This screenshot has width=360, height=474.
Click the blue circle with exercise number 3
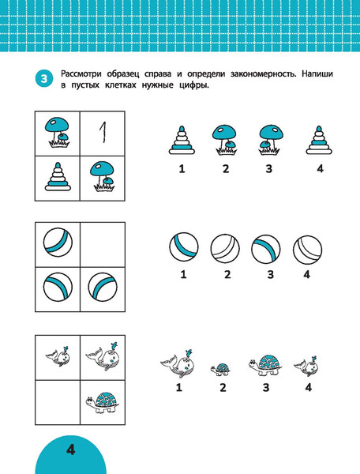click(x=44, y=79)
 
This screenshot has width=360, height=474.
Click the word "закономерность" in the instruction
click(x=263, y=74)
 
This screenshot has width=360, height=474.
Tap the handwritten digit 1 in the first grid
click(x=103, y=132)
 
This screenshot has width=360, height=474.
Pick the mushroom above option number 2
click(x=224, y=140)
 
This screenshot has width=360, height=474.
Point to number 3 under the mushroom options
click(x=269, y=169)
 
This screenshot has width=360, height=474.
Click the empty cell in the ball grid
click(x=103, y=245)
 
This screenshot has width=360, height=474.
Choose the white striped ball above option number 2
click(x=225, y=249)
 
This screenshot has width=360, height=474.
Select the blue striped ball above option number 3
click(x=266, y=249)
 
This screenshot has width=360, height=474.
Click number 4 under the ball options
click(x=307, y=274)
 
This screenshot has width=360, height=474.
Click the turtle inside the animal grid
click(x=101, y=402)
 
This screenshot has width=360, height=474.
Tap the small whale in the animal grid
click(x=58, y=357)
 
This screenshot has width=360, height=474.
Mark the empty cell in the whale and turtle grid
click(x=58, y=402)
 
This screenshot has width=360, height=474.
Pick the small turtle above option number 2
click(x=220, y=369)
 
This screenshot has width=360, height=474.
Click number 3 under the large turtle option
click(x=266, y=388)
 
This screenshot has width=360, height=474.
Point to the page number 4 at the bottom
click(x=71, y=450)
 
